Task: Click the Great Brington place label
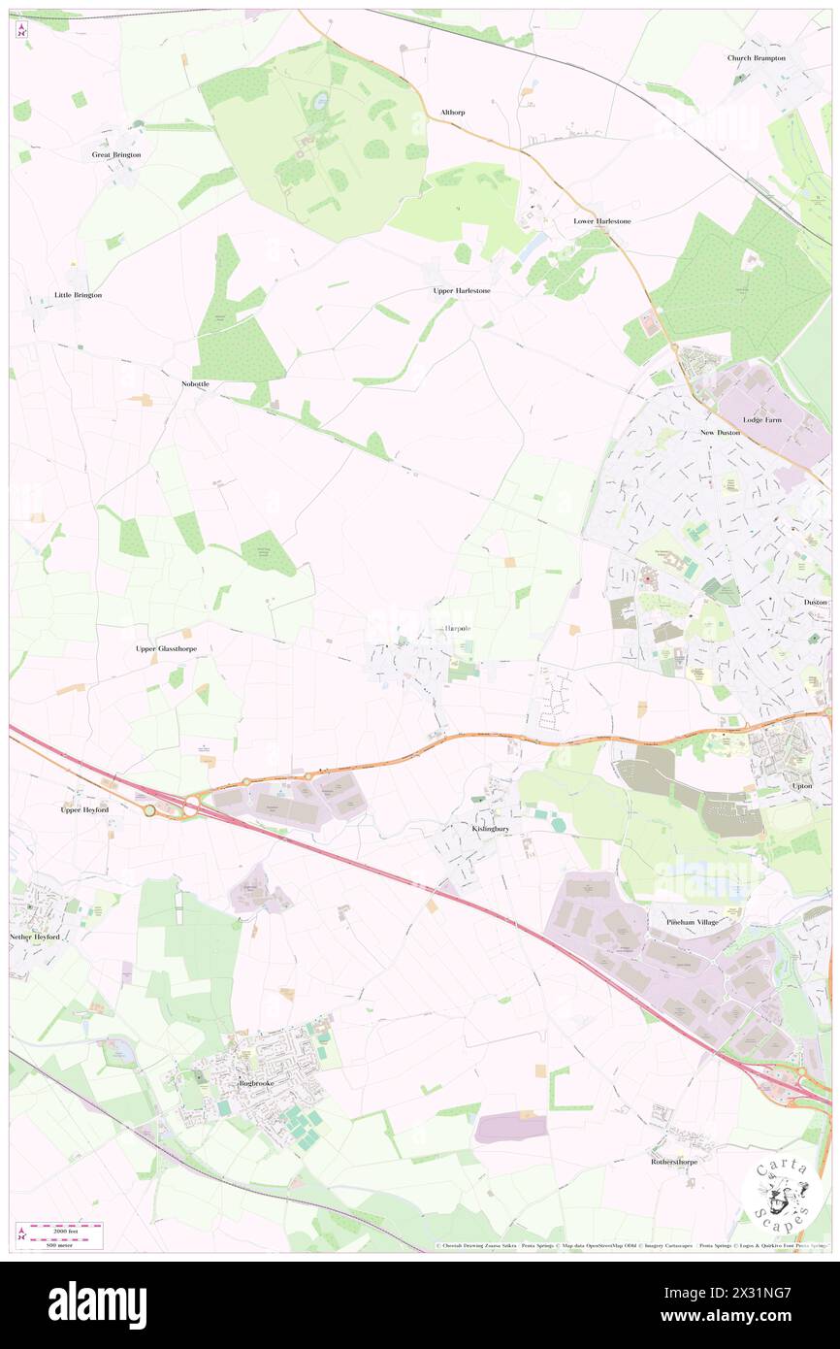[116, 155]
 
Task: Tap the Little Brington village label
[78, 295]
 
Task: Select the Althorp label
[452, 113]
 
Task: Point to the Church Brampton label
[757, 58]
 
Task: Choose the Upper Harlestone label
[462, 291]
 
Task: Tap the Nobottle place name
[195, 384]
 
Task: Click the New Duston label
[721, 432]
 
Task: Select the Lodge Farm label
[761, 420]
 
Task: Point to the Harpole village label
[457, 629]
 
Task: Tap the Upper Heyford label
[84, 809]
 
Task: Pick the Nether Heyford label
[35, 937]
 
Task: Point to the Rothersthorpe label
[675, 1161]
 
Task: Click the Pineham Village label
[693, 921]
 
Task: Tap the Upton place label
[801, 785]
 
